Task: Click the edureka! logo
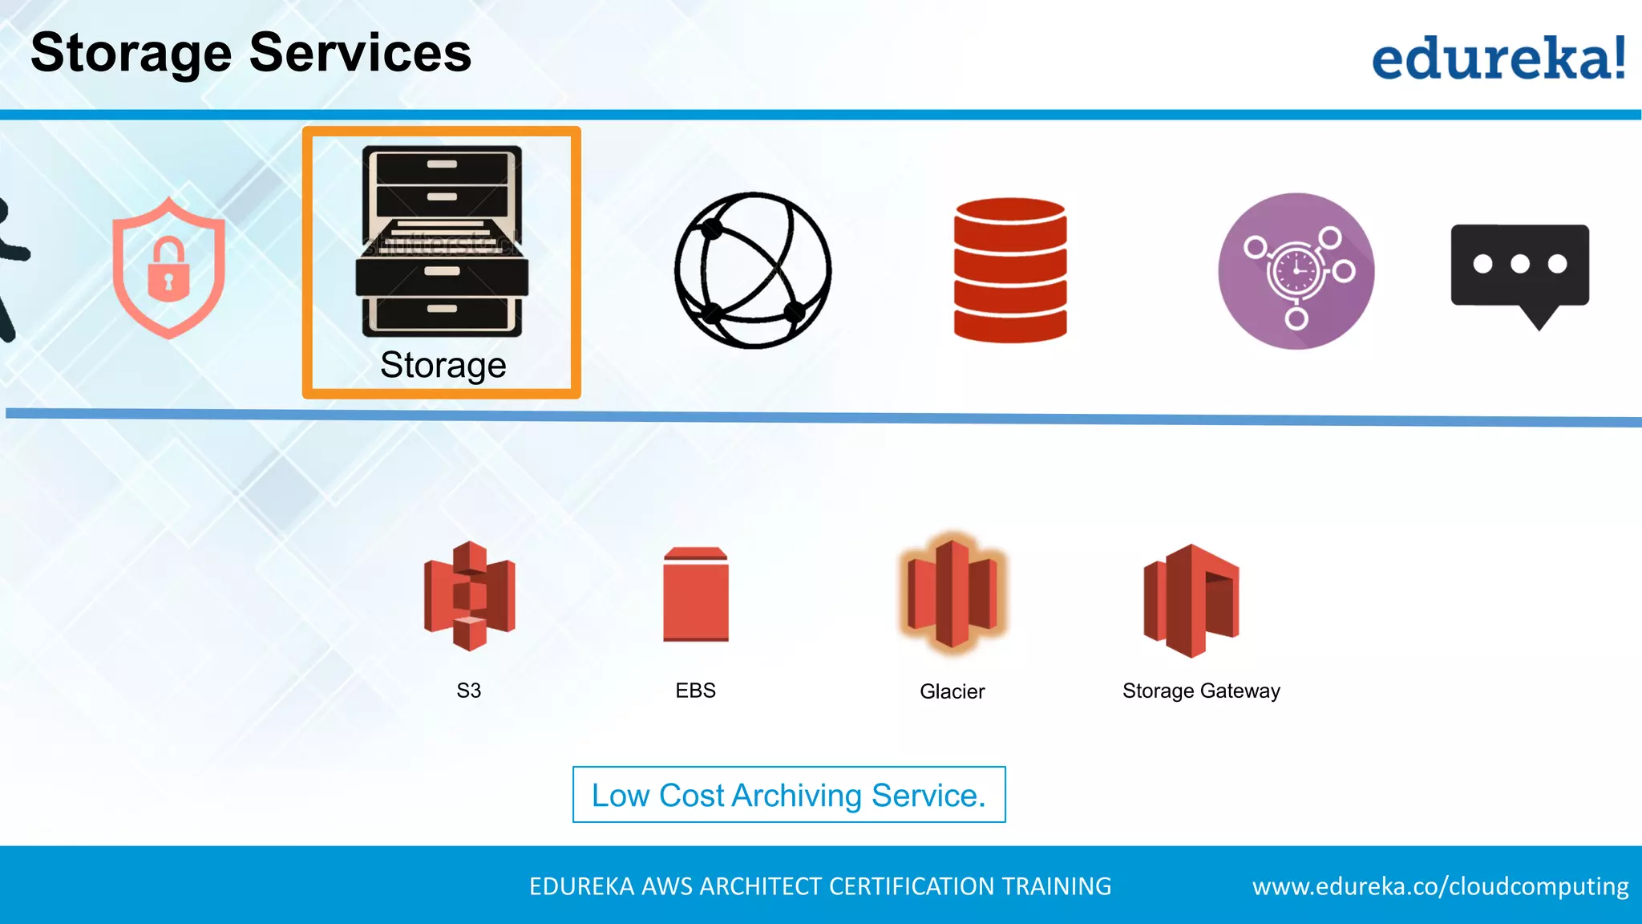[x=1498, y=58]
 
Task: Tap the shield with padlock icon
[x=168, y=268]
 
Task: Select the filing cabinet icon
[x=442, y=241]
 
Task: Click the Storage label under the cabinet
[x=443, y=365]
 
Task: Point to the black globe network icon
[x=753, y=270]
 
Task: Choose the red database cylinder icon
[x=1010, y=270]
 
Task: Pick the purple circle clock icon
[x=1296, y=271]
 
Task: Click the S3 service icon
[x=469, y=596]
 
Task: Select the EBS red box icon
[x=696, y=594]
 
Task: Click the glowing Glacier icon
[x=952, y=594]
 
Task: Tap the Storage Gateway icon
[x=1191, y=600]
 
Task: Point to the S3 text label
[x=469, y=691]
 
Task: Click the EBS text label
[x=695, y=691]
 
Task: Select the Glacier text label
[x=952, y=691]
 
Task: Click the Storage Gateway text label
[x=1200, y=691]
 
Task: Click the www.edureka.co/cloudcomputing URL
[x=1440, y=886]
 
